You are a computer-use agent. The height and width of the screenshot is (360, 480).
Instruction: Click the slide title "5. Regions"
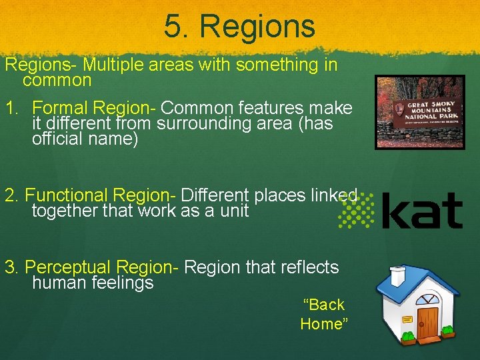coord(239,27)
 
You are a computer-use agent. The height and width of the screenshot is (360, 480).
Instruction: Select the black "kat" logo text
coord(423,211)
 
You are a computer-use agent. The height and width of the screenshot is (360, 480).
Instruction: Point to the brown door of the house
coord(427,321)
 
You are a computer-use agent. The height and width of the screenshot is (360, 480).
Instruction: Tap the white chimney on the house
coord(398,275)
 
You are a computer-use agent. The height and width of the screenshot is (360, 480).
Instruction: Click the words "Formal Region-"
coord(94,107)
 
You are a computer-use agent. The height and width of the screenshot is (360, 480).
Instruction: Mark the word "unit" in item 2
coord(233,211)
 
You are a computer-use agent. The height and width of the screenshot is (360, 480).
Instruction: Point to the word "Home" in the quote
coord(324,324)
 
